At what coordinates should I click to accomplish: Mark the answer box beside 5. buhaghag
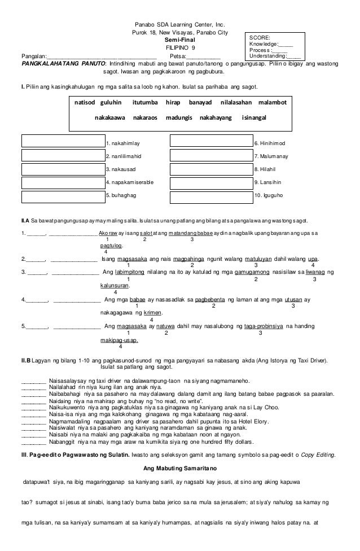62,195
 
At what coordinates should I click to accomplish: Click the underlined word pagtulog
111,246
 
